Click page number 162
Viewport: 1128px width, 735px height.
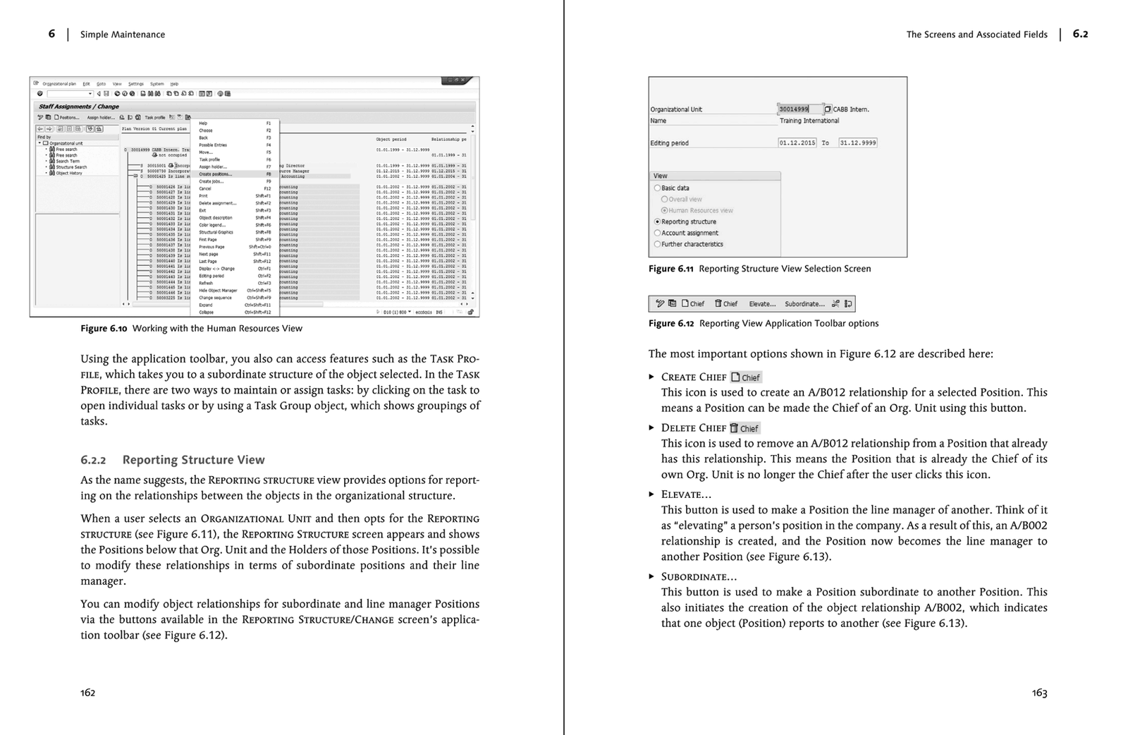click(87, 693)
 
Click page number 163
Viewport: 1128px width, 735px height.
click(1039, 693)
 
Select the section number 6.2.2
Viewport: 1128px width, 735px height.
click(93, 460)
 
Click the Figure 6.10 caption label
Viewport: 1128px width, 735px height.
click(103, 328)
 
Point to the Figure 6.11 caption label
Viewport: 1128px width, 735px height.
click(670, 269)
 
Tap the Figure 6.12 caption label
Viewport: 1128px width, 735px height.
click(670, 324)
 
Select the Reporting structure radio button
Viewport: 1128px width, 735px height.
click(658, 221)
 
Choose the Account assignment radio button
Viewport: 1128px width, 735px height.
click(658, 233)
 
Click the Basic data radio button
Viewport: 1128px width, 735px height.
click(658, 188)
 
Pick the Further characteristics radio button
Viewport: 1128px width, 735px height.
click(658, 244)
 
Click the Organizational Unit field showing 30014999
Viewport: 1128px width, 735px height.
click(799, 109)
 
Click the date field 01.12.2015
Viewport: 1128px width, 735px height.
click(797, 142)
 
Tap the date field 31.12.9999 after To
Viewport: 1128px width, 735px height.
click(857, 142)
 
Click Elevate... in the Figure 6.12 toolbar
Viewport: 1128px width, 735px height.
click(761, 304)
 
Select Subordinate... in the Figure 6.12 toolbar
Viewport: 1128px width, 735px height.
click(804, 304)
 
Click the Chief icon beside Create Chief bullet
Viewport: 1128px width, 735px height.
click(746, 377)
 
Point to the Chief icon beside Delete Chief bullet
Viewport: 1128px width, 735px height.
click(744, 428)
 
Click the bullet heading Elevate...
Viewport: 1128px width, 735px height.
click(685, 494)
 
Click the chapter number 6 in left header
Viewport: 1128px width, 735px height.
click(51, 34)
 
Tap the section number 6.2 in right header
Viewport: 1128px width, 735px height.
click(1080, 34)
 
